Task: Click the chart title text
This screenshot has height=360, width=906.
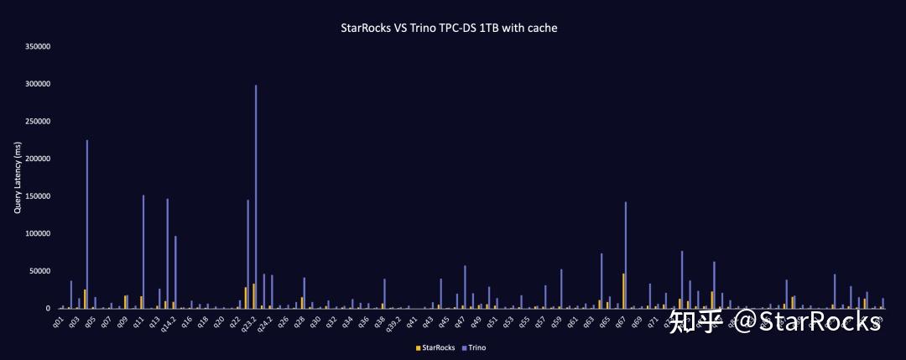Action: (449, 28)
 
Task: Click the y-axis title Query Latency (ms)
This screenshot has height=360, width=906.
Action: (18, 178)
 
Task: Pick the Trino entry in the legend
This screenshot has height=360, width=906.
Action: (476, 347)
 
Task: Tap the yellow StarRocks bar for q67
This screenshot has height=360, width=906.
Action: (623, 290)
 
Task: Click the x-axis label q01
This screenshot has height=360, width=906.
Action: (58, 321)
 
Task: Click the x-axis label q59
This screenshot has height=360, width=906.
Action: (556, 321)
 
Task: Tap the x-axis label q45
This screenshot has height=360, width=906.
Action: (444, 321)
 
